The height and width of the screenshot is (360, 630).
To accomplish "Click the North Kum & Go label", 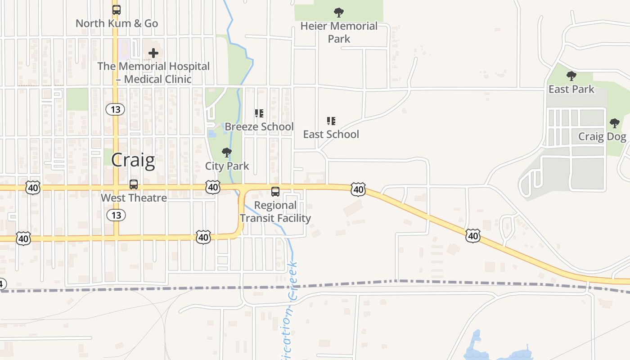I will (x=117, y=23).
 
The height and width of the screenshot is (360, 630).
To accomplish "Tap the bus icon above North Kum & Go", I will (x=117, y=9).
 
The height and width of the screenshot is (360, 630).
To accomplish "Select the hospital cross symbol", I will (x=153, y=53).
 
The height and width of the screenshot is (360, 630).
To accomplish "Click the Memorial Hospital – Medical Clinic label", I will (x=153, y=72).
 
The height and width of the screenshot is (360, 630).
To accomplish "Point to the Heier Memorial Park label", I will (x=339, y=32).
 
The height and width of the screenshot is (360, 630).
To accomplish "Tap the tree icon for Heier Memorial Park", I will (x=339, y=12).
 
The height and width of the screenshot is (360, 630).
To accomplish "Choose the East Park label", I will (x=571, y=89).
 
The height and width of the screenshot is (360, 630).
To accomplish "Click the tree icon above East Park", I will (x=571, y=76).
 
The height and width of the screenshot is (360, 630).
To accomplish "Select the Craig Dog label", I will (x=602, y=136).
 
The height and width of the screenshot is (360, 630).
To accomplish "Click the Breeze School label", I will (x=259, y=126).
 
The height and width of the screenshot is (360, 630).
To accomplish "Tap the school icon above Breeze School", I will (x=259, y=113).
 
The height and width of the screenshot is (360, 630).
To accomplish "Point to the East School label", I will (x=331, y=134).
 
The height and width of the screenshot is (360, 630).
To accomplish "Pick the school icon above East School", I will (x=331, y=121).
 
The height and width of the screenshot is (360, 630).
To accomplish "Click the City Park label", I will (x=227, y=166).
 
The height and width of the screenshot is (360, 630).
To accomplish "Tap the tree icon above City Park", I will (x=227, y=153).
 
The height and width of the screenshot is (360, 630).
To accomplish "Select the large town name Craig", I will (x=133, y=160).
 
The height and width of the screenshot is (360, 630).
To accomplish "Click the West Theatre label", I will (x=134, y=198).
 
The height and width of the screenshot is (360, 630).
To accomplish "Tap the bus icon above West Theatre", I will (x=134, y=184).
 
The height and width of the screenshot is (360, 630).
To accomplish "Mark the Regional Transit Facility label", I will (x=275, y=211).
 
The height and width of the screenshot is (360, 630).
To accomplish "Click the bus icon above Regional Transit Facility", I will (x=275, y=192).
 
